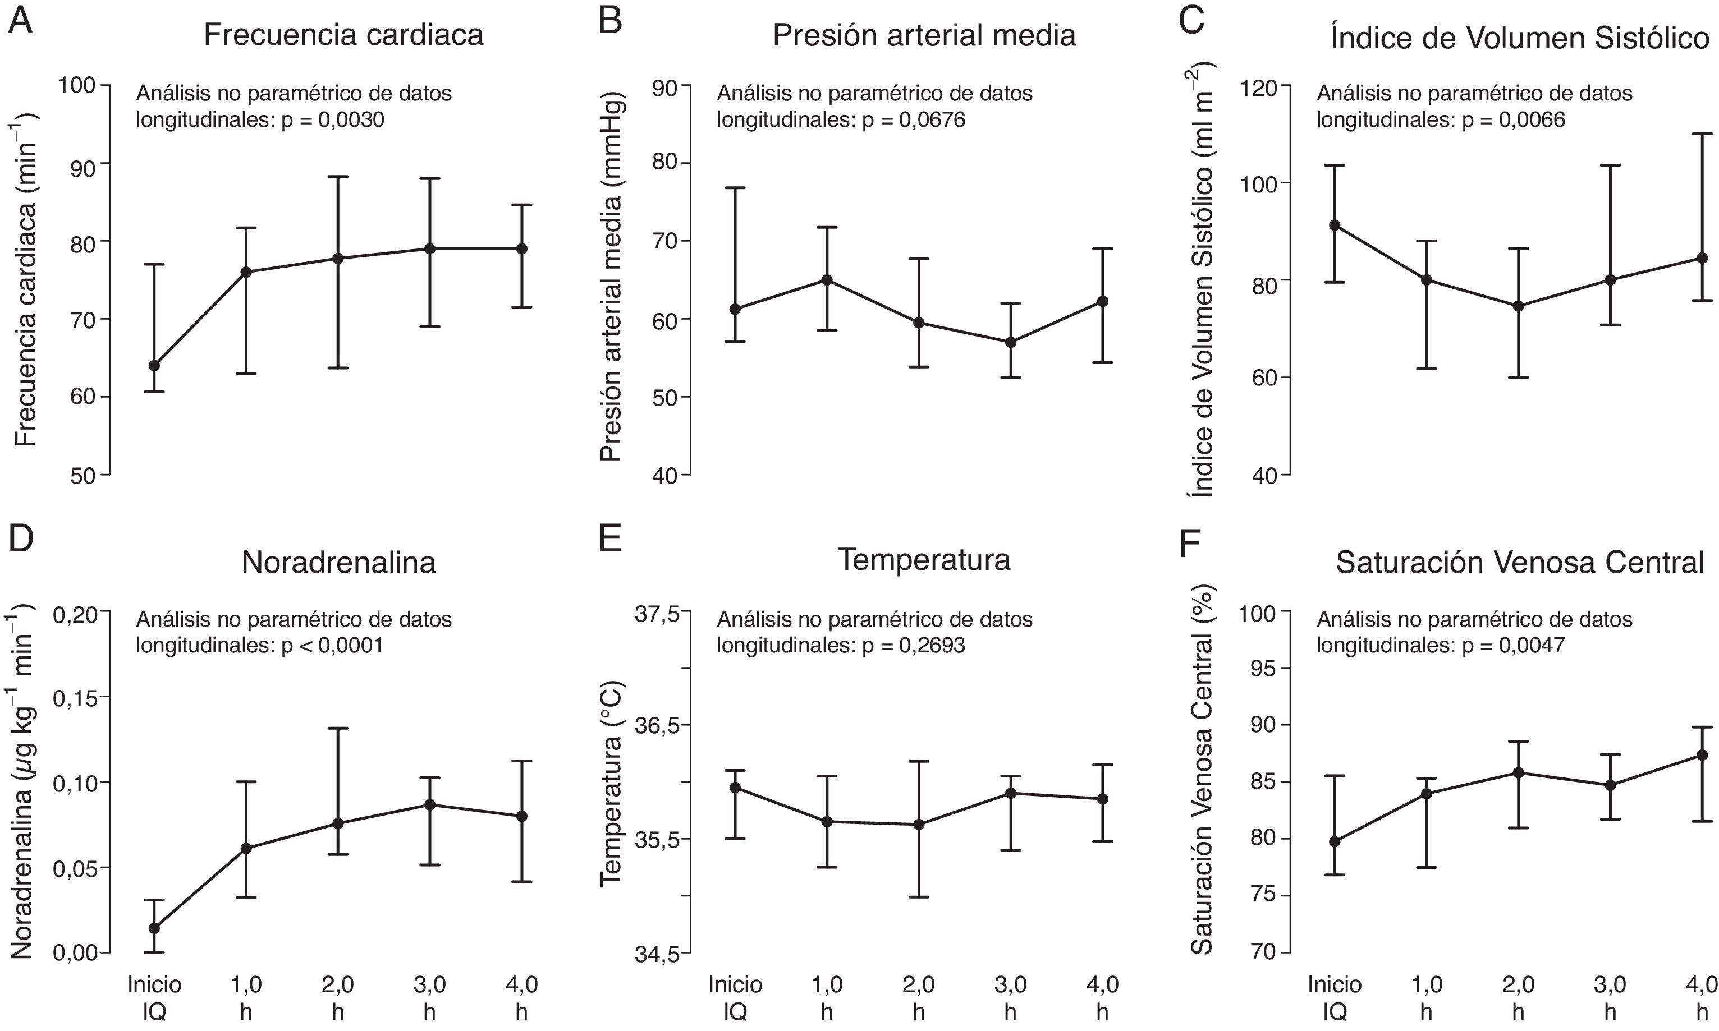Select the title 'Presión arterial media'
[924, 35]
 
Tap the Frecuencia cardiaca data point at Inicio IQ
[154, 365]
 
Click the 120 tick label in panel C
[1259, 88]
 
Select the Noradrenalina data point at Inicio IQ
[154, 927]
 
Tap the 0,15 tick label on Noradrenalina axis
[76, 697]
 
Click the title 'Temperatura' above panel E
[923, 560]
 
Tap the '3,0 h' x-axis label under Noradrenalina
[429, 998]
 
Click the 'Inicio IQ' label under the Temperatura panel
[735, 998]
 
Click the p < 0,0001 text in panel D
[332, 646]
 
